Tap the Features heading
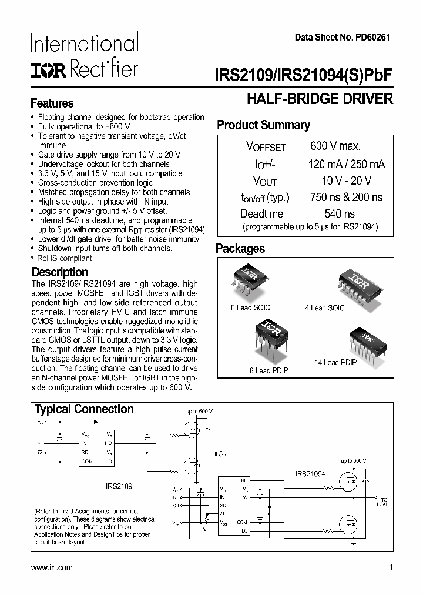(x=52, y=103)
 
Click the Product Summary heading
(x=263, y=125)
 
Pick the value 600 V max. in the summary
(x=335, y=146)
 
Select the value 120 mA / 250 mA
(x=347, y=164)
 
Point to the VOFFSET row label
(x=266, y=147)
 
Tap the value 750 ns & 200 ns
(x=345, y=198)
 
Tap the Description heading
(x=59, y=272)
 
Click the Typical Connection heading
(x=84, y=409)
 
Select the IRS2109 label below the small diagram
(x=119, y=487)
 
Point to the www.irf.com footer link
(x=51, y=567)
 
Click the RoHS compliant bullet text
(x=65, y=258)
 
